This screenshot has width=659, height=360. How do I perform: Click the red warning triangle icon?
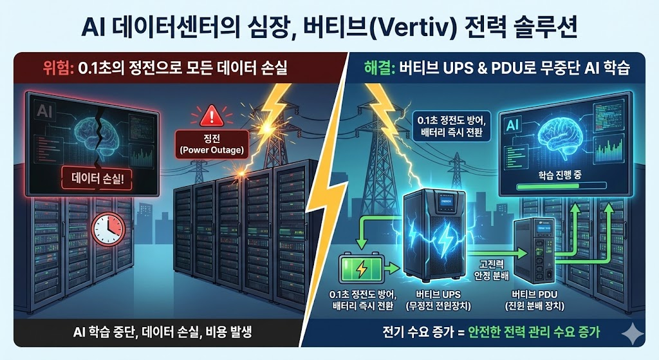(x=210, y=117)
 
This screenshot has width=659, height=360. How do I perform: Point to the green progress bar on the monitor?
(x=561, y=189)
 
